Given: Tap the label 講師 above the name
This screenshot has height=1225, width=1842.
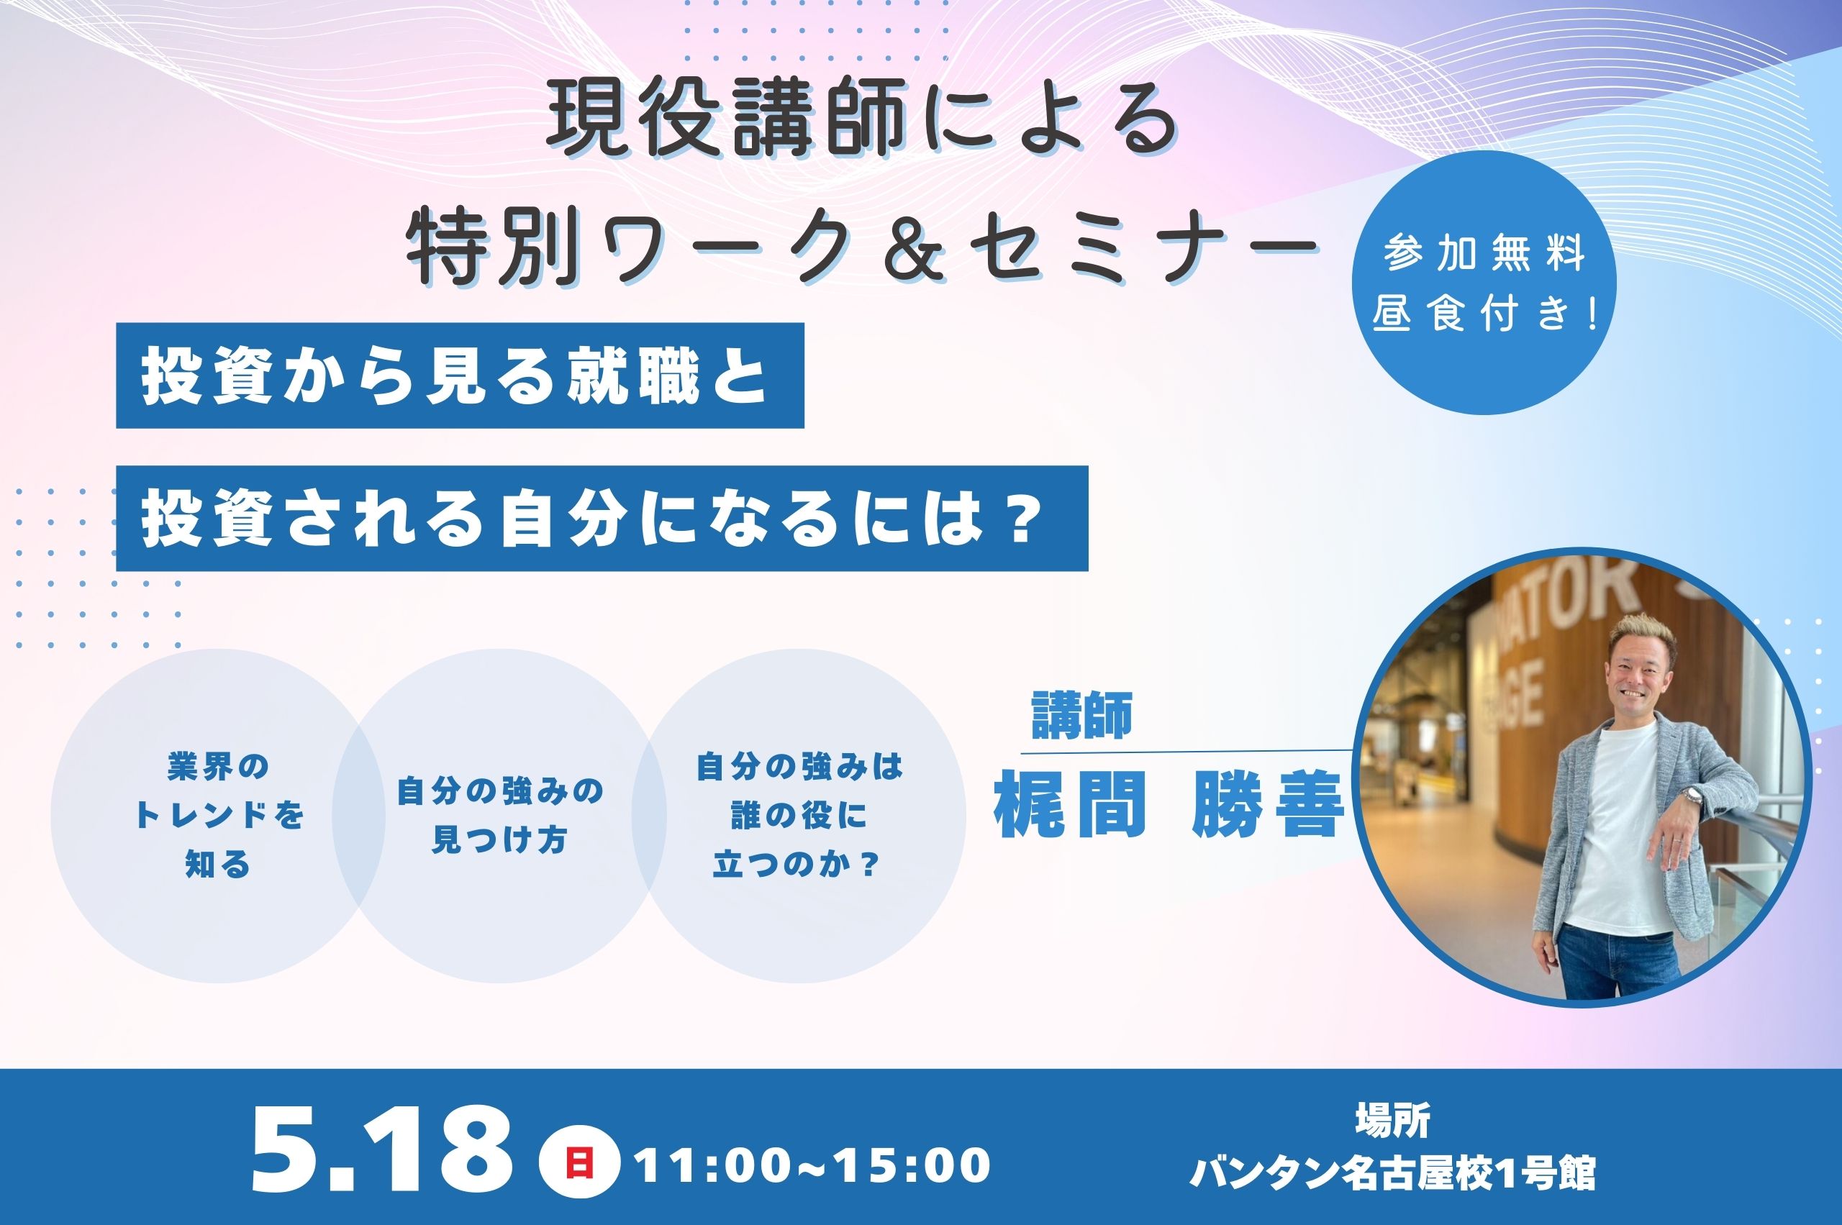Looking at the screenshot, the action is [1082, 716].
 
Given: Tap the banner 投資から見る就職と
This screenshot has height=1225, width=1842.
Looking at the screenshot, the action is [460, 375].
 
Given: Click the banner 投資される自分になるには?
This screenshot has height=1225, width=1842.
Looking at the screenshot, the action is [602, 518].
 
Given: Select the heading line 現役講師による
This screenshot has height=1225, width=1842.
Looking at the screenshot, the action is [862, 123].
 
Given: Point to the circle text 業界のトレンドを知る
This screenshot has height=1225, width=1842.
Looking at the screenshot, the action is [218, 816].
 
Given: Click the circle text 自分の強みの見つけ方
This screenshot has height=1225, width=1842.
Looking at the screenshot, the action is [500, 816].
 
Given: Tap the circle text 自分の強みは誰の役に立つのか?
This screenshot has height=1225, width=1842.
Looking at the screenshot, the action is [799, 816].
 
